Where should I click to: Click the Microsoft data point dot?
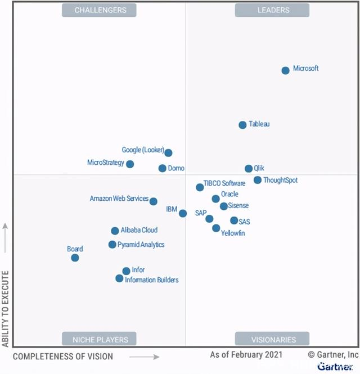[285, 70]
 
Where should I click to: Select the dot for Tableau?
[242, 125]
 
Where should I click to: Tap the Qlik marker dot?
[249, 169]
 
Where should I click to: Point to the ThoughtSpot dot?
[258, 180]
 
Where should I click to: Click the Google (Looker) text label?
[143, 150]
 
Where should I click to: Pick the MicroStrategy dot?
[130, 164]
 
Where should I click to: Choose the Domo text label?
[175, 168]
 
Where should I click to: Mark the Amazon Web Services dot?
[154, 201]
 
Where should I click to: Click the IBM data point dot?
[183, 213]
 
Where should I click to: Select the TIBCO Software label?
[224, 183]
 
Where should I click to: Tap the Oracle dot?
[215, 199]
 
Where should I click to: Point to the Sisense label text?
[238, 206]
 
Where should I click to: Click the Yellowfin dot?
[216, 228]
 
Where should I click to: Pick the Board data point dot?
[75, 258]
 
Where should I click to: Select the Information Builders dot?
[119, 278]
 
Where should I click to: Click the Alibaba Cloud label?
[139, 230]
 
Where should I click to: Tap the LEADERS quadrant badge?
[273, 10]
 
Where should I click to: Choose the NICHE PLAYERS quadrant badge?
[100, 339]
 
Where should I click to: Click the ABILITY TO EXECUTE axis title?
[6, 309]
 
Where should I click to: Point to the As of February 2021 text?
[246, 355]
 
